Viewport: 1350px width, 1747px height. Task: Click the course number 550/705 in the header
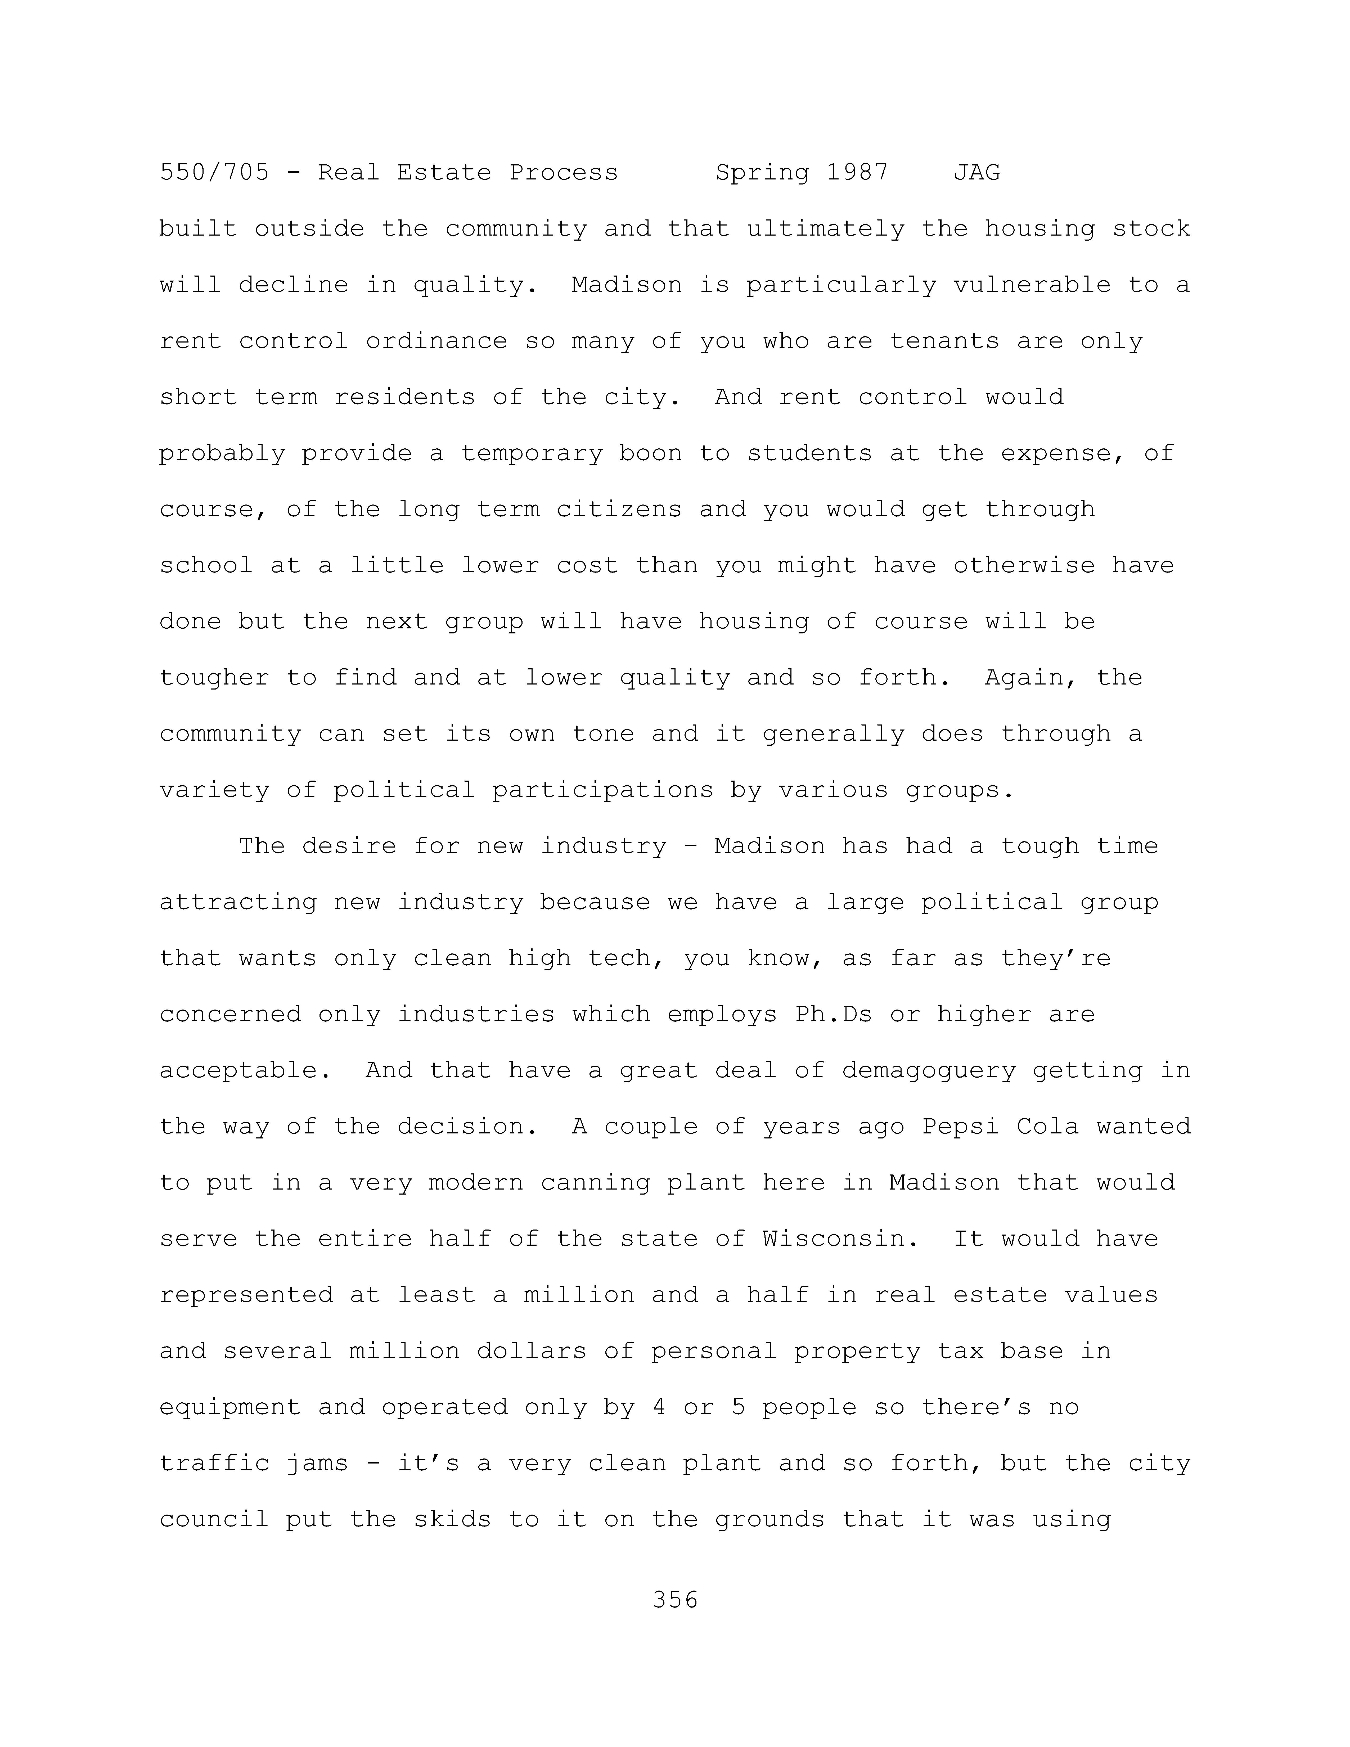(214, 173)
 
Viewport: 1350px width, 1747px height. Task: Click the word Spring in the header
(762, 173)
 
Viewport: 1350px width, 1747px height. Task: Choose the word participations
(603, 790)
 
